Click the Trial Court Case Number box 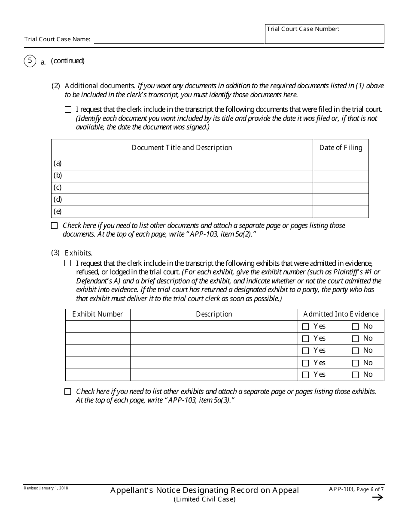pyautogui.click(x=324, y=34)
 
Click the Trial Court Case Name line pyautogui.click(x=179, y=39)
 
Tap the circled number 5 pyautogui.click(x=30, y=61)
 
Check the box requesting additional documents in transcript pyautogui.click(x=68, y=110)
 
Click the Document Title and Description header pyautogui.click(x=182, y=148)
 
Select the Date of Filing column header pyautogui.click(x=341, y=148)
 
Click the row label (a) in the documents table pyautogui.click(x=58, y=163)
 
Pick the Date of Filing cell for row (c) pyautogui.click(x=341, y=188)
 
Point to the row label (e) pyautogui.click(x=58, y=212)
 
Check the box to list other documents pyautogui.click(x=55, y=225)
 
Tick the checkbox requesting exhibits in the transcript pyautogui.click(x=68, y=263)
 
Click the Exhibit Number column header pyautogui.click(x=97, y=314)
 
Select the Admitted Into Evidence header pyautogui.click(x=341, y=314)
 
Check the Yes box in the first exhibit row pyautogui.click(x=306, y=327)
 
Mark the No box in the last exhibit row pyautogui.click(x=355, y=375)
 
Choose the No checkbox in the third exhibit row pyautogui.click(x=355, y=351)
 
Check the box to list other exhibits pyautogui.click(x=68, y=392)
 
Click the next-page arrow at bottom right pyautogui.click(x=377, y=498)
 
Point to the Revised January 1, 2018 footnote pyautogui.click(x=46, y=488)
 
